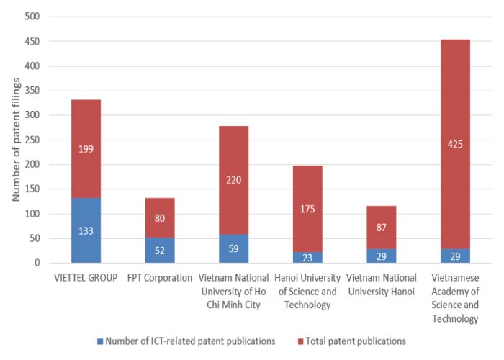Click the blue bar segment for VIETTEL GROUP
(86, 230)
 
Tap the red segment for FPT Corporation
(160, 217)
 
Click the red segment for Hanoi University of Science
(307, 209)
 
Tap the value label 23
(307, 258)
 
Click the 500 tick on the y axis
(32, 17)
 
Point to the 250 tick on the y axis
(32, 140)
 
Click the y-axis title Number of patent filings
(15, 140)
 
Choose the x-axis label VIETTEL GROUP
(86, 277)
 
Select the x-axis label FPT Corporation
(160, 277)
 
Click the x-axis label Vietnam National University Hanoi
(382, 284)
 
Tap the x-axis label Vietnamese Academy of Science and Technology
(455, 297)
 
